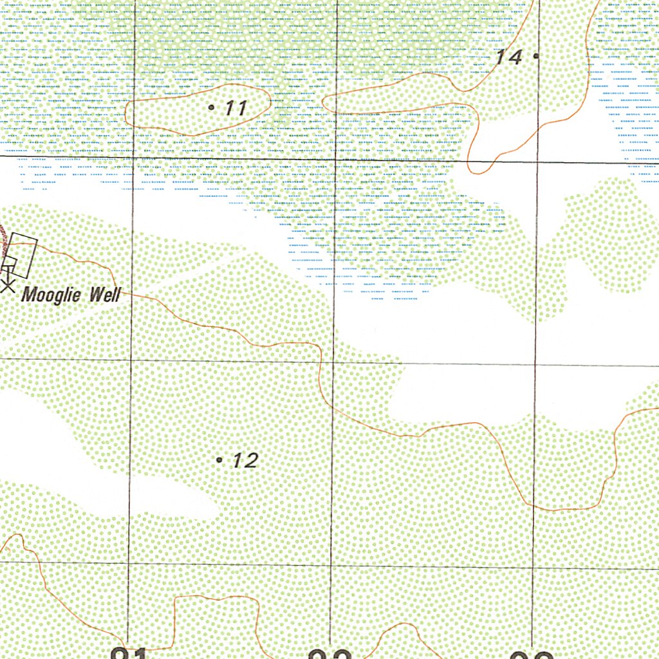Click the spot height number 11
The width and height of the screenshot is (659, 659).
pyautogui.click(x=236, y=108)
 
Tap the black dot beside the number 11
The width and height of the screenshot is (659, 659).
pyautogui.click(x=212, y=107)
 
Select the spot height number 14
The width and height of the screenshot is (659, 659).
pyautogui.click(x=508, y=57)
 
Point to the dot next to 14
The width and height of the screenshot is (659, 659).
pyautogui.click(x=536, y=56)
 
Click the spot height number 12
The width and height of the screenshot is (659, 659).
pyautogui.click(x=245, y=460)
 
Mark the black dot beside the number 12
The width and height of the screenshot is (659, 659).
pyautogui.click(x=219, y=460)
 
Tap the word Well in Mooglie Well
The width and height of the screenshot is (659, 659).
pyautogui.click(x=104, y=295)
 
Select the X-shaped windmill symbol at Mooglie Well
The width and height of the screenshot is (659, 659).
pyautogui.click(x=7, y=285)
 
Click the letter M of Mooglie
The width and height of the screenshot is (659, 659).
pyautogui.click(x=29, y=296)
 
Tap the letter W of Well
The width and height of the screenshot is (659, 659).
pyautogui.click(x=96, y=295)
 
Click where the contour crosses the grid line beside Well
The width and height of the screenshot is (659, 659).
pyautogui.click(x=132, y=295)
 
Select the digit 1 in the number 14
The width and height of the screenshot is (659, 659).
pyautogui.click(x=500, y=57)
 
